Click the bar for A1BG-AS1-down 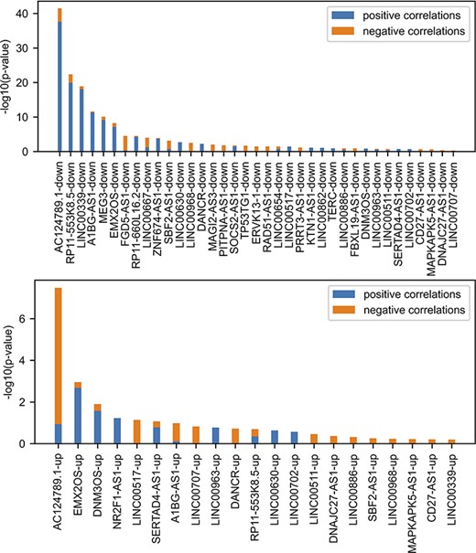[92, 132]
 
